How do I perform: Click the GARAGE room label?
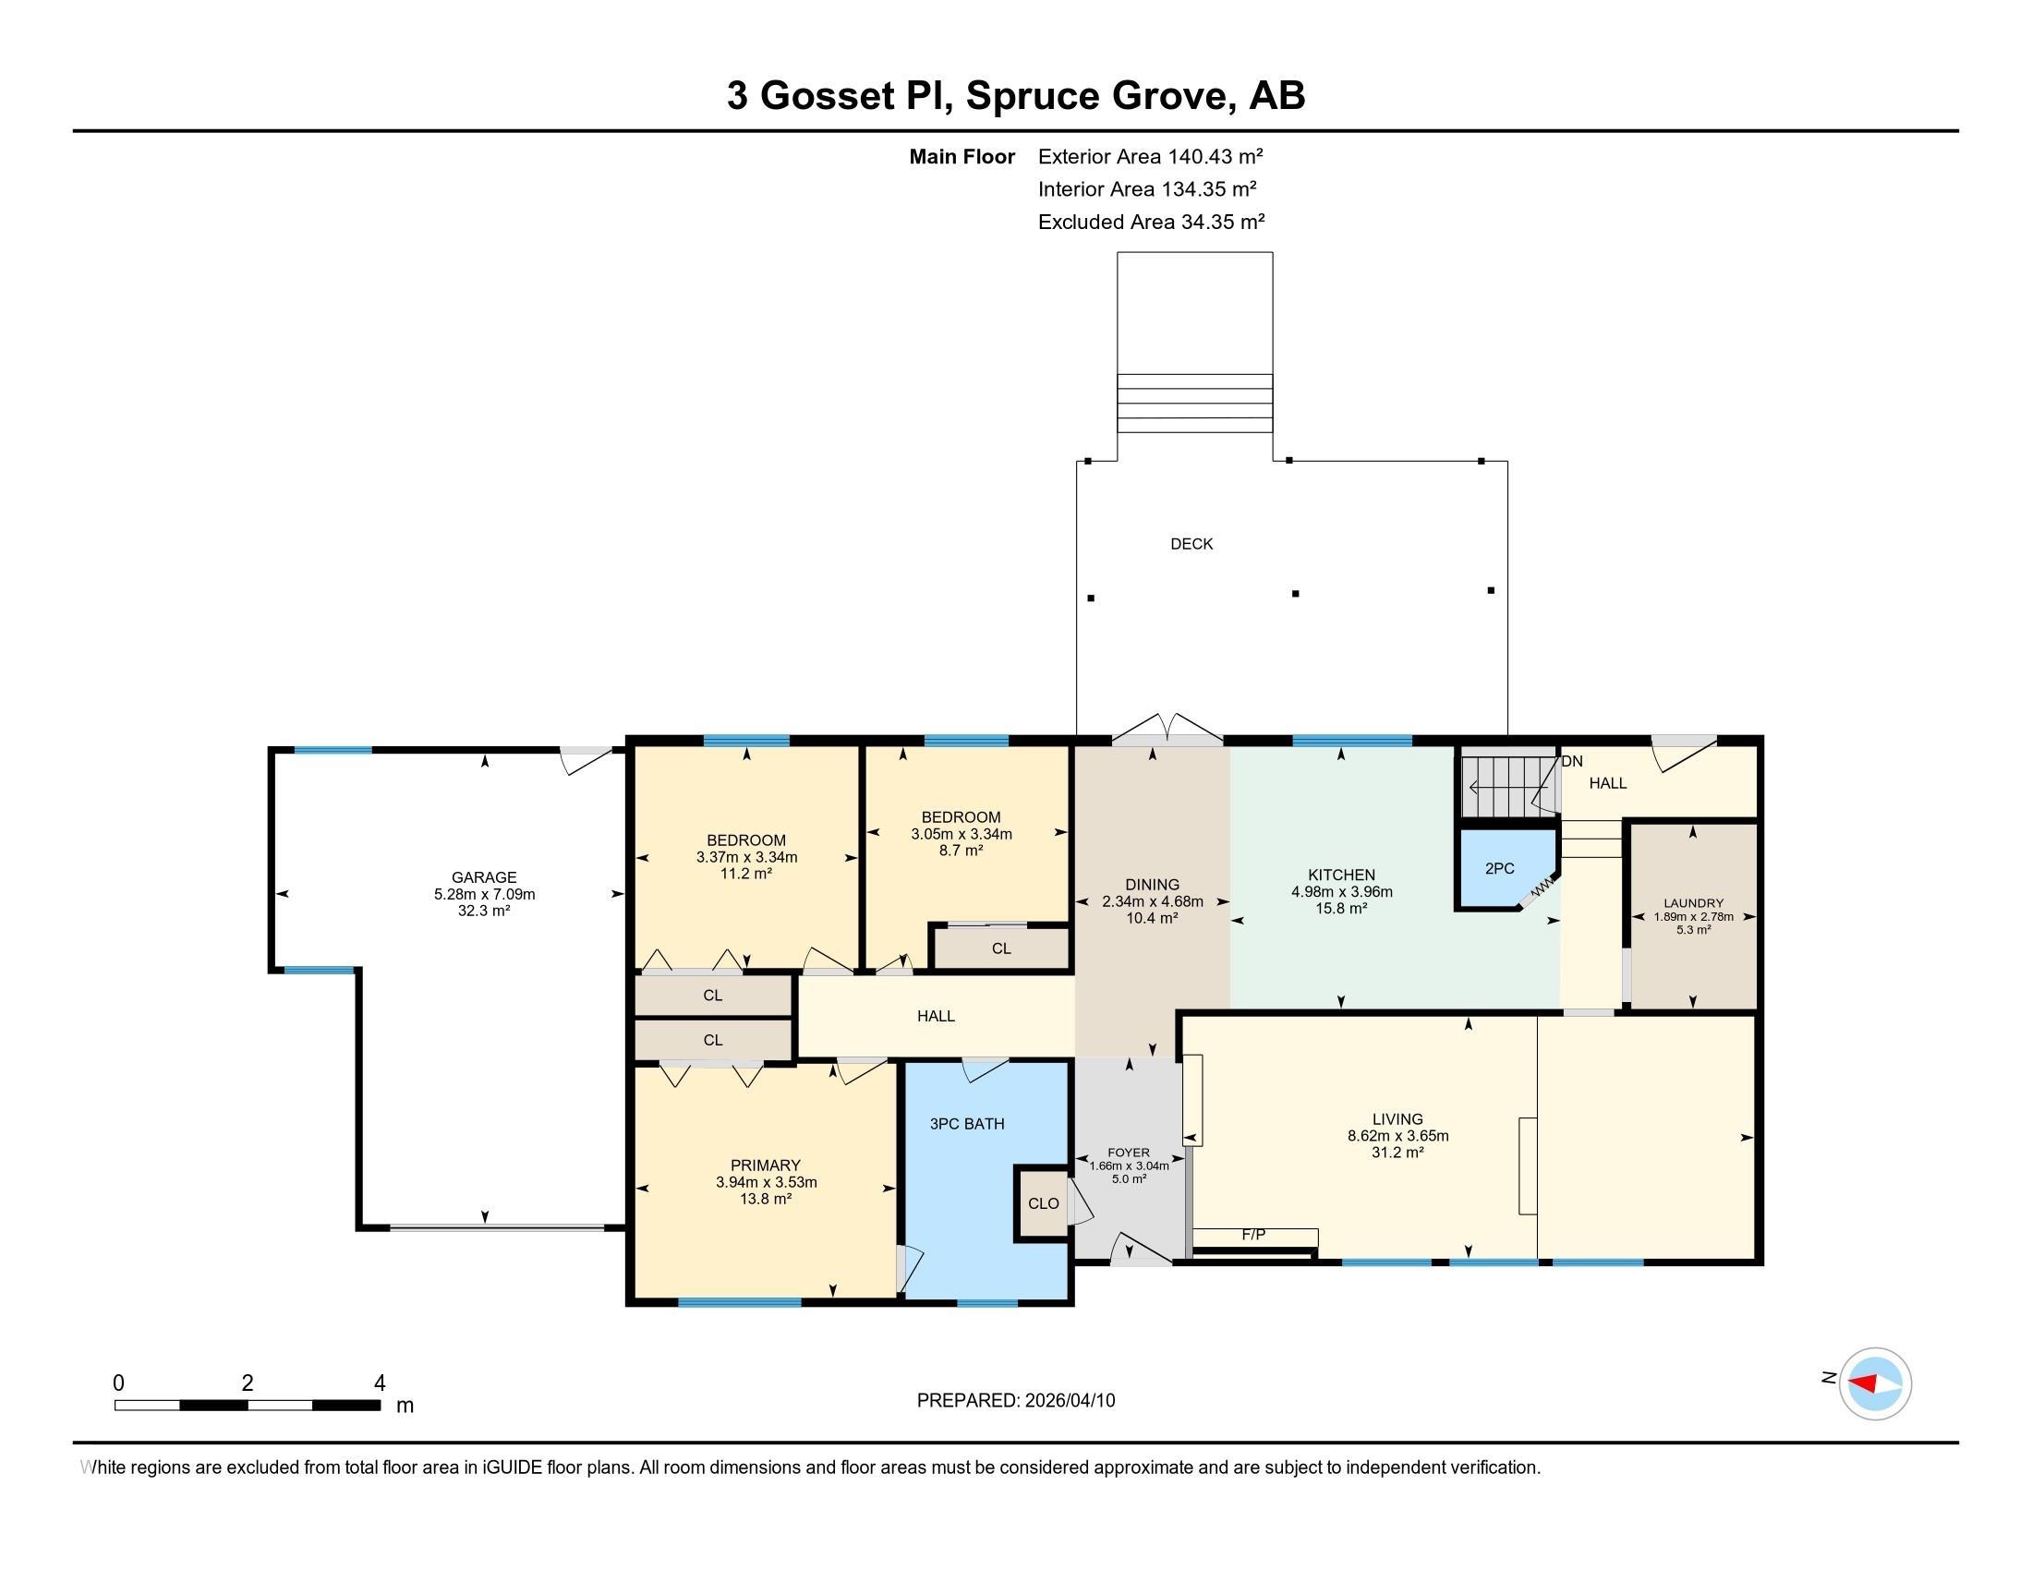[x=484, y=877]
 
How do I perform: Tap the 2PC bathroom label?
[x=1499, y=868]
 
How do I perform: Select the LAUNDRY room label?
[x=1693, y=902]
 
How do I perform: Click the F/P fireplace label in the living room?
[x=1253, y=1235]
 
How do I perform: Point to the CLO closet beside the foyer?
[x=1043, y=1202]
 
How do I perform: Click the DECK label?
[x=1191, y=544]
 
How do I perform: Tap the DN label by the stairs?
[x=1571, y=761]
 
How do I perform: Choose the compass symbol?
[x=1874, y=1383]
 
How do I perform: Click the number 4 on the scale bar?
[x=379, y=1383]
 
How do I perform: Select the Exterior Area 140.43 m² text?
[x=1150, y=156]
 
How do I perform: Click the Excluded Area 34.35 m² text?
[x=1151, y=222]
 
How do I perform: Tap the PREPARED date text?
[x=1015, y=1401]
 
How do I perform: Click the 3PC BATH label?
[x=967, y=1124]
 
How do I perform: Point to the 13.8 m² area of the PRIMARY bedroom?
[x=765, y=1199]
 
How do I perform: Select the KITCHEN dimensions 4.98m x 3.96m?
[x=1341, y=891]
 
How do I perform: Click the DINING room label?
[x=1152, y=885]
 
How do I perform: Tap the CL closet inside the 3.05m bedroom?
[x=1001, y=948]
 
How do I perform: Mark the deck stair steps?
[x=1194, y=403]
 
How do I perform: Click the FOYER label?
[x=1129, y=1153]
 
